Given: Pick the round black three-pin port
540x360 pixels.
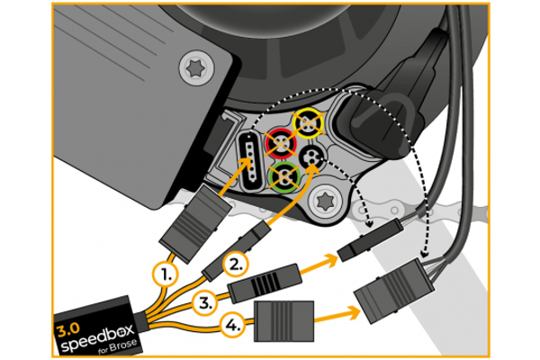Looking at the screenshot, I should click(x=313, y=158).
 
